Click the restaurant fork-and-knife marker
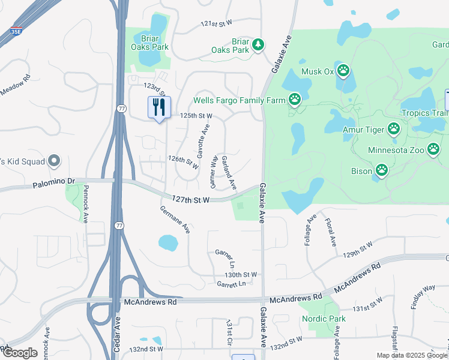159,107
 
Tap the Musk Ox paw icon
343,71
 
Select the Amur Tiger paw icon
394,128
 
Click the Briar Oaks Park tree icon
258,44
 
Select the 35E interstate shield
16,31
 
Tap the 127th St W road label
190,199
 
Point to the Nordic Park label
324,319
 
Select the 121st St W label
216,24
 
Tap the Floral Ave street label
330,233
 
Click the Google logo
20,353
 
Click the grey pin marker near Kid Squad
54,161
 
